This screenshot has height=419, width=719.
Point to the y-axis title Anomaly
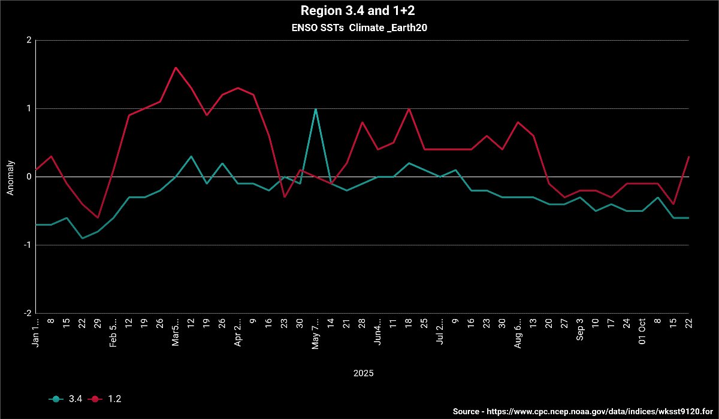(x=10, y=177)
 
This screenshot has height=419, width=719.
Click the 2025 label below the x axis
(x=363, y=373)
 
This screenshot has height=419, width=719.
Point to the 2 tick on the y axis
(x=29, y=40)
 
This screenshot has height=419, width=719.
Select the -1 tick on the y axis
(x=27, y=245)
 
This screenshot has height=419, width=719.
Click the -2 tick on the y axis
(x=27, y=313)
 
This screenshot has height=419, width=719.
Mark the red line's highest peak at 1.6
(x=176, y=68)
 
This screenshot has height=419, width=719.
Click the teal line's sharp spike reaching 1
(x=316, y=109)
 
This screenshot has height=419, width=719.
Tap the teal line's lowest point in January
(x=82, y=238)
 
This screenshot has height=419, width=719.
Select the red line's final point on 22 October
(x=688, y=157)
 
